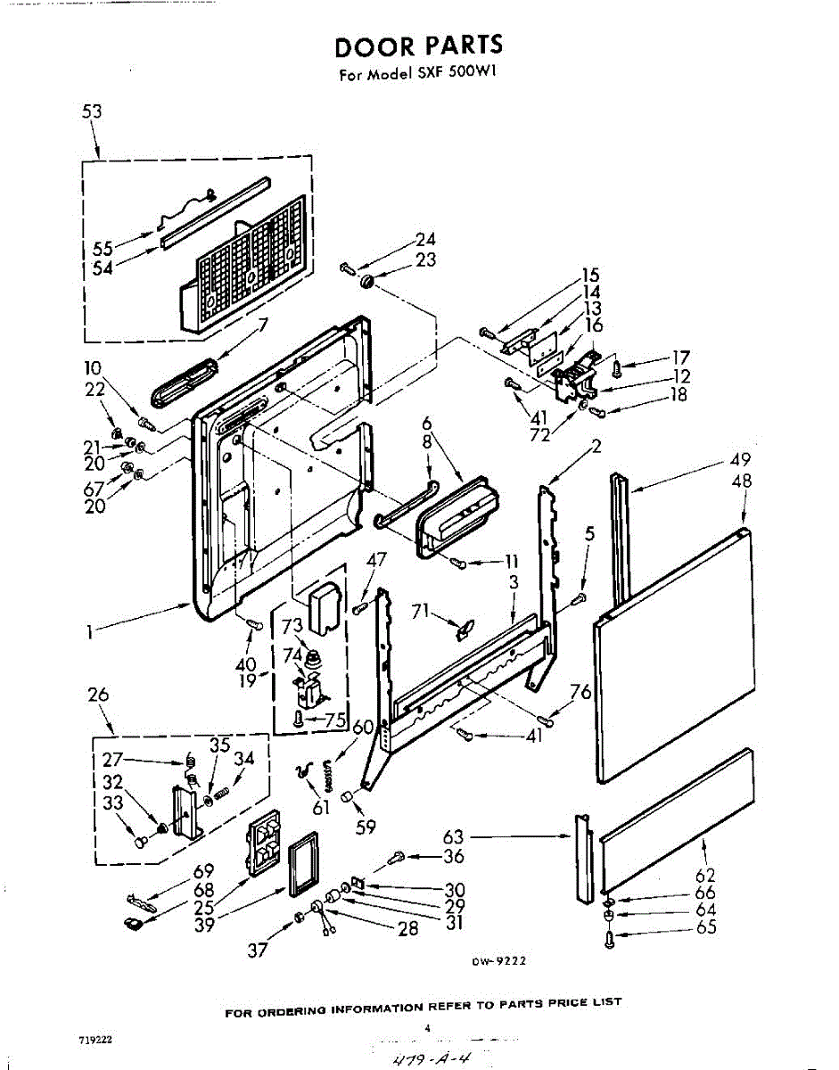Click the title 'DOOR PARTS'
(x=418, y=45)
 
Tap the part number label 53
(x=92, y=111)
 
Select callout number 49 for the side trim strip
(x=740, y=460)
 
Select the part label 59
(x=366, y=827)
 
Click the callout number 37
(x=258, y=951)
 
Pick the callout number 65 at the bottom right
(x=705, y=927)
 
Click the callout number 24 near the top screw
(x=425, y=239)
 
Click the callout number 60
(x=362, y=727)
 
